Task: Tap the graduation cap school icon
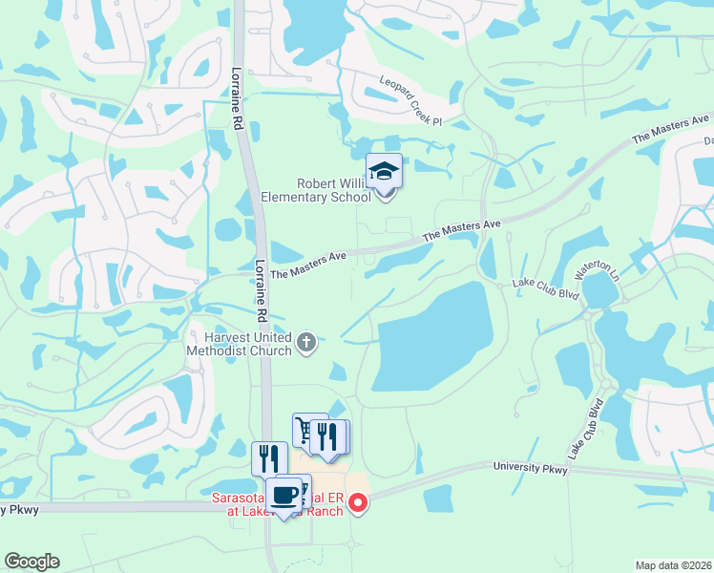tap(384, 172)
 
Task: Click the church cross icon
tap(306, 343)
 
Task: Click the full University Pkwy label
tap(531, 469)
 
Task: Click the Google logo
tap(31, 562)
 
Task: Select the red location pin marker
tap(358, 501)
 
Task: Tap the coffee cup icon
tap(284, 495)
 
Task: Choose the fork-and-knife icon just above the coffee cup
tap(269, 458)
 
